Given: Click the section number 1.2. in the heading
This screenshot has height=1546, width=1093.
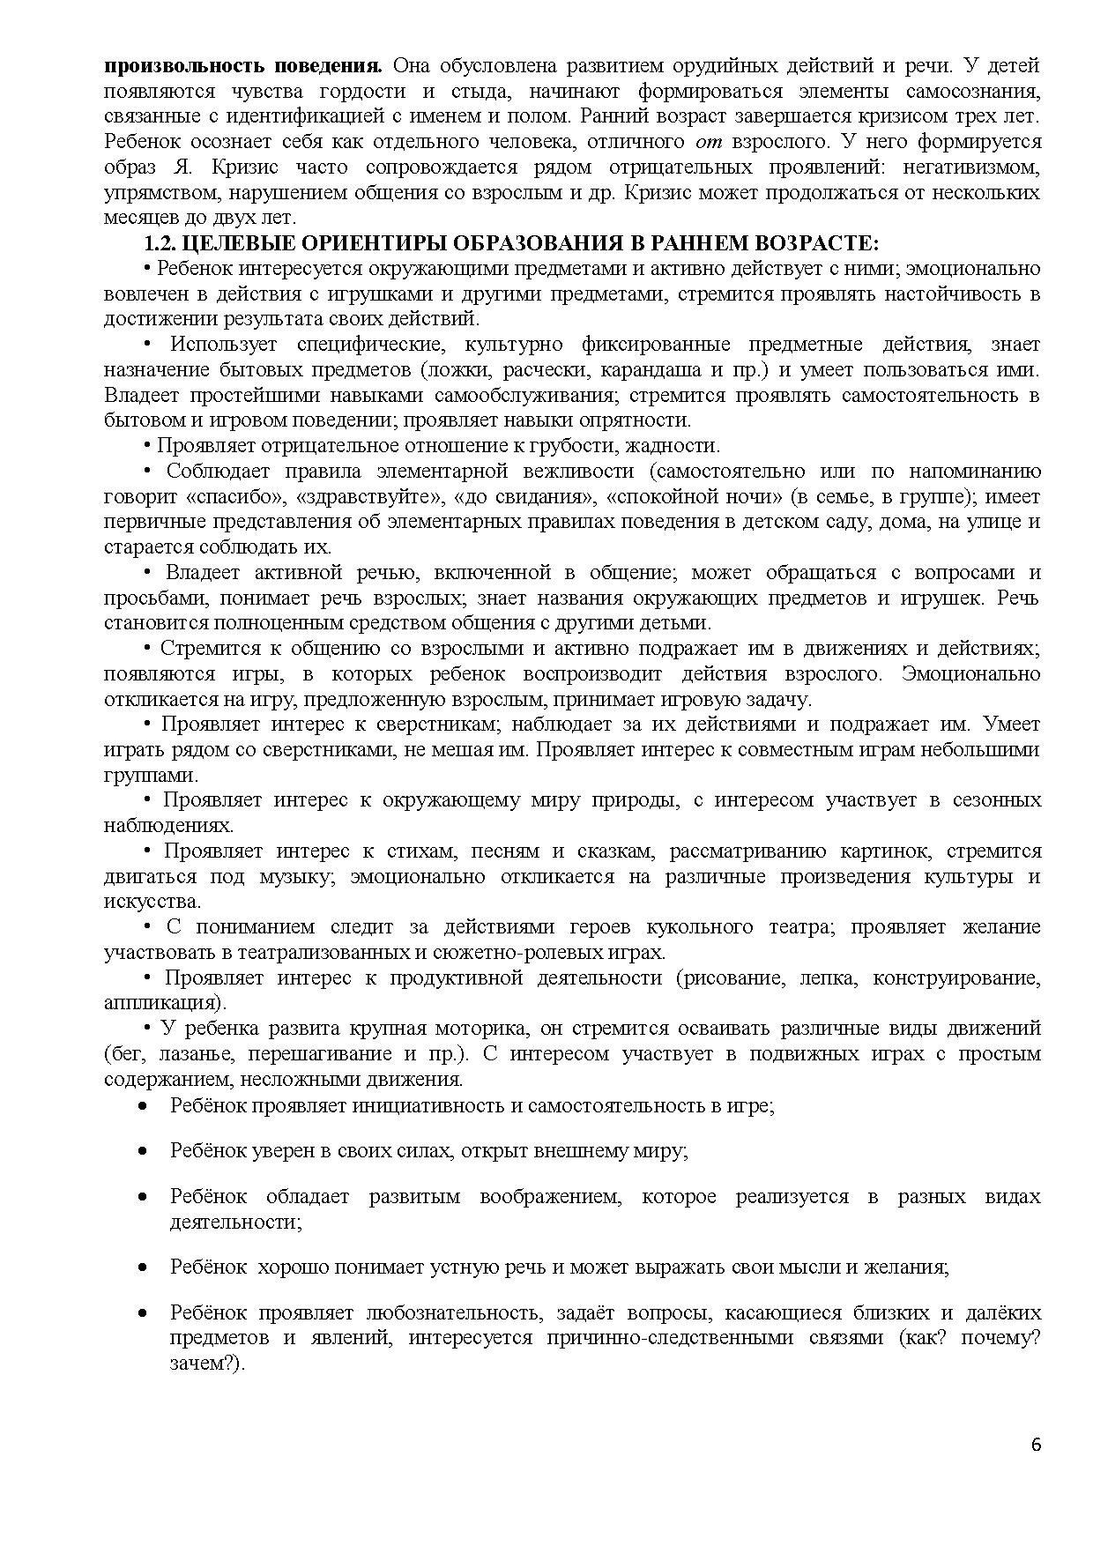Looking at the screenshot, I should [x=160, y=242].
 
